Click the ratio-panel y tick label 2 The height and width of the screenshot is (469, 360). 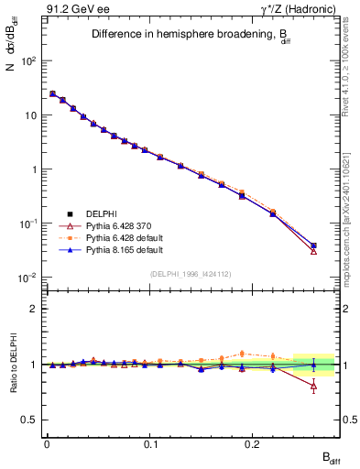pyautogui.click(x=34, y=309)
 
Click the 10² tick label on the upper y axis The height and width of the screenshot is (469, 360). pyautogui.click(x=28, y=60)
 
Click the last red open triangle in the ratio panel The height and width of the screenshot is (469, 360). pyautogui.click(x=313, y=386)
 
